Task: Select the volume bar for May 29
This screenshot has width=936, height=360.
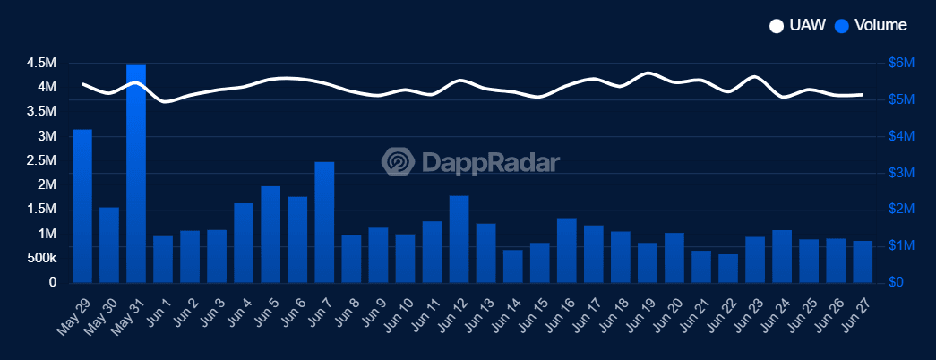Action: (82, 206)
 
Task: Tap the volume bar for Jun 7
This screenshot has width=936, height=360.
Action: (324, 222)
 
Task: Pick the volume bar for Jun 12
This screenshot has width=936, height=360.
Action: (459, 238)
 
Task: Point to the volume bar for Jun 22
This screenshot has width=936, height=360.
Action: (728, 268)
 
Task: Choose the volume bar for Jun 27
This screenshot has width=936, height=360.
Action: (863, 261)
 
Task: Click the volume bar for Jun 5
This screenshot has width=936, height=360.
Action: (270, 234)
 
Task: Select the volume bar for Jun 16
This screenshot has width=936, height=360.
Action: (566, 250)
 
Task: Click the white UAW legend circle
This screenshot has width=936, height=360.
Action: (777, 26)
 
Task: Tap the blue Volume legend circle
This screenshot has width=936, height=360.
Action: (842, 26)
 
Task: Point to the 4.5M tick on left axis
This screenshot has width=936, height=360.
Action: (42, 64)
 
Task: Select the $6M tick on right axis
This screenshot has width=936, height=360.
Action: (900, 64)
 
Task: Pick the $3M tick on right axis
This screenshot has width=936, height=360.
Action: (900, 173)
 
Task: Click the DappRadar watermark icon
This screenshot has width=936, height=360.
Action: (399, 162)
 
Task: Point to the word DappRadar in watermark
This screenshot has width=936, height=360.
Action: (489, 162)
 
